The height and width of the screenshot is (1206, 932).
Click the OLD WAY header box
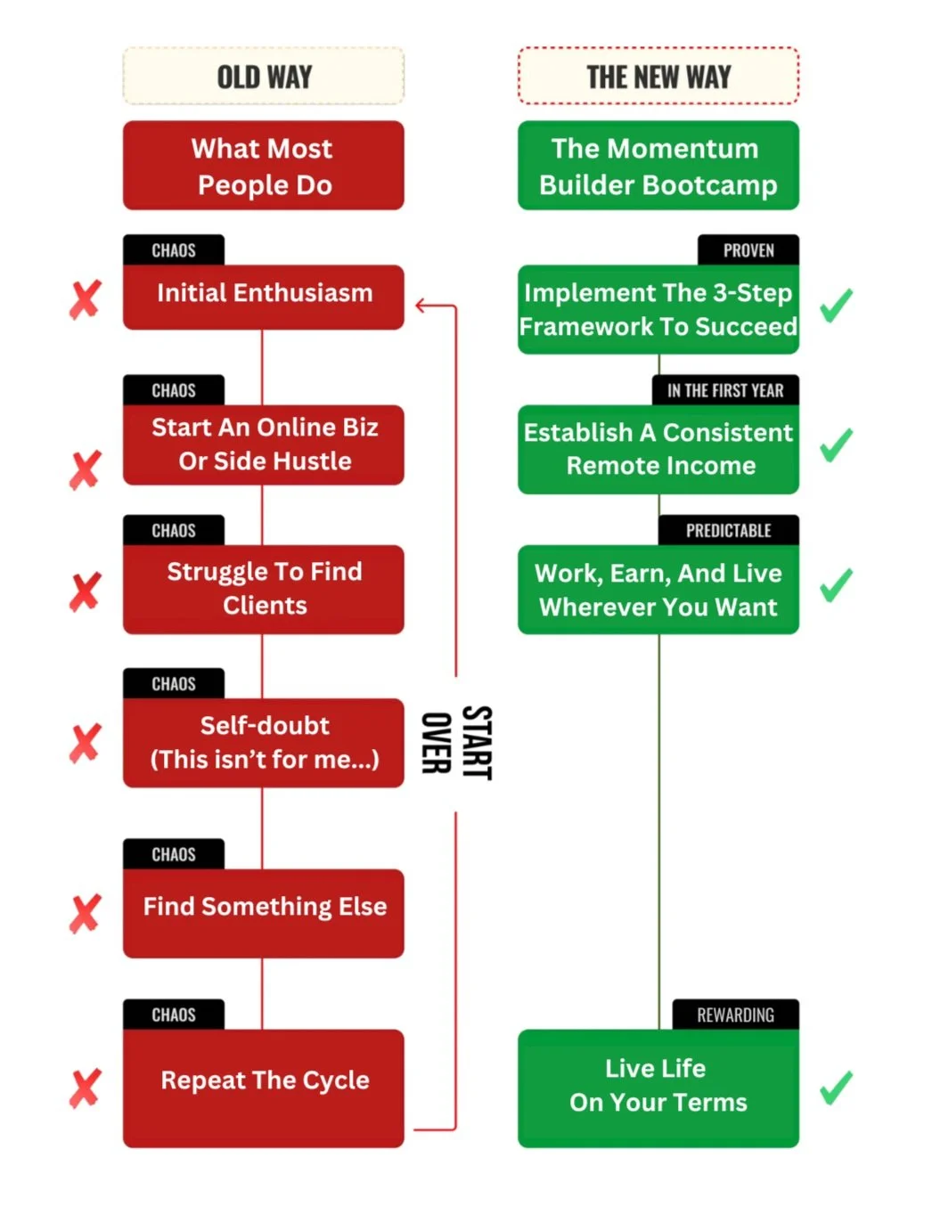(x=264, y=77)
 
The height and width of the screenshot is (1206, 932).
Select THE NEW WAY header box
(x=658, y=77)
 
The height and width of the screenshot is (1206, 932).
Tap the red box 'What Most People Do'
(x=264, y=167)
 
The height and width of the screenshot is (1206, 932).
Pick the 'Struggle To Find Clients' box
(x=264, y=589)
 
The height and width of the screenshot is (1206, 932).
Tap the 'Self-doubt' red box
(x=264, y=742)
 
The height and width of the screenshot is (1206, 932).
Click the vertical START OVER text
(x=456, y=743)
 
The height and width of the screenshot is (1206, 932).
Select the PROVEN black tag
(x=748, y=250)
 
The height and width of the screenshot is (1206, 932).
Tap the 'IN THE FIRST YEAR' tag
(x=725, y=390)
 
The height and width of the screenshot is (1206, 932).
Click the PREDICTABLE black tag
(x=728, y=531)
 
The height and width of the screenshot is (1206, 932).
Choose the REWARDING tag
(x=735, y=1015)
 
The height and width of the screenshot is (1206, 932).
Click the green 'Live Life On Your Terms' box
(x=658, y=1087)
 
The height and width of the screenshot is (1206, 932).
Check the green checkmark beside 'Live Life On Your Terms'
(x=836, y=1088)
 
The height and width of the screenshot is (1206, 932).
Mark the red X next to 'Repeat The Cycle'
(x=86, y=1088)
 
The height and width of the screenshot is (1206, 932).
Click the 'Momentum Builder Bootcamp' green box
(x=658, y=167)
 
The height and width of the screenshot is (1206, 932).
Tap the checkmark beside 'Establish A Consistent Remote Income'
(x=836, y=444)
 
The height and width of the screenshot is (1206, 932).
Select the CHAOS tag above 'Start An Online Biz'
(x=174, y=390)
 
